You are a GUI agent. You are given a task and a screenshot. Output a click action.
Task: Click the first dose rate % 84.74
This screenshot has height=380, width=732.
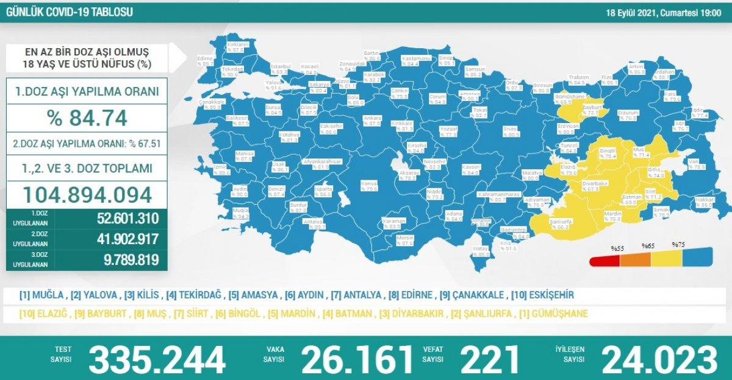click(x=87, y=117)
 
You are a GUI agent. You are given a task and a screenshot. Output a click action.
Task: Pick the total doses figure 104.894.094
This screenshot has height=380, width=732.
click(x=87, y=194)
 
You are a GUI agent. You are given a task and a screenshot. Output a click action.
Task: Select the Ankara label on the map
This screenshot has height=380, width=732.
click(x=371, y=118)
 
